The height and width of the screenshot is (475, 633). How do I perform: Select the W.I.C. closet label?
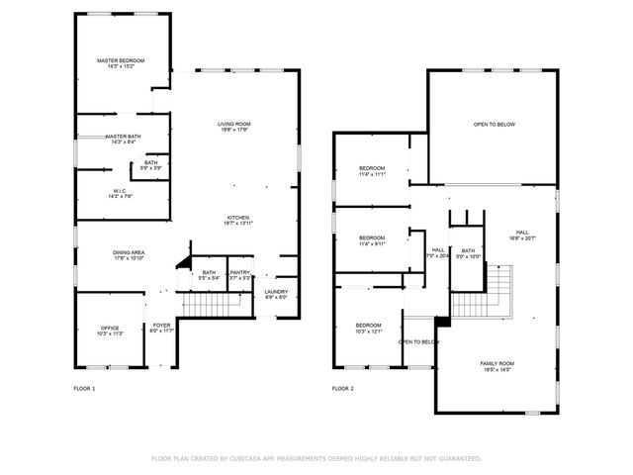tap(119, 193)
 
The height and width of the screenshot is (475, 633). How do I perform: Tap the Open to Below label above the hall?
tap(495, 125)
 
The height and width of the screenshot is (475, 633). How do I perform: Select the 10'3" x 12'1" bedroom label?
tap(369, 328)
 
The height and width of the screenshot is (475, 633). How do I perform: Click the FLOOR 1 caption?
tap(85, 389)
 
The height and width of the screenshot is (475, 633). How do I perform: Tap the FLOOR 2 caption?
tap(342, 389)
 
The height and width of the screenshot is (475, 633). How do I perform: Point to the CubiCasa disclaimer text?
tap(316, 458)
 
